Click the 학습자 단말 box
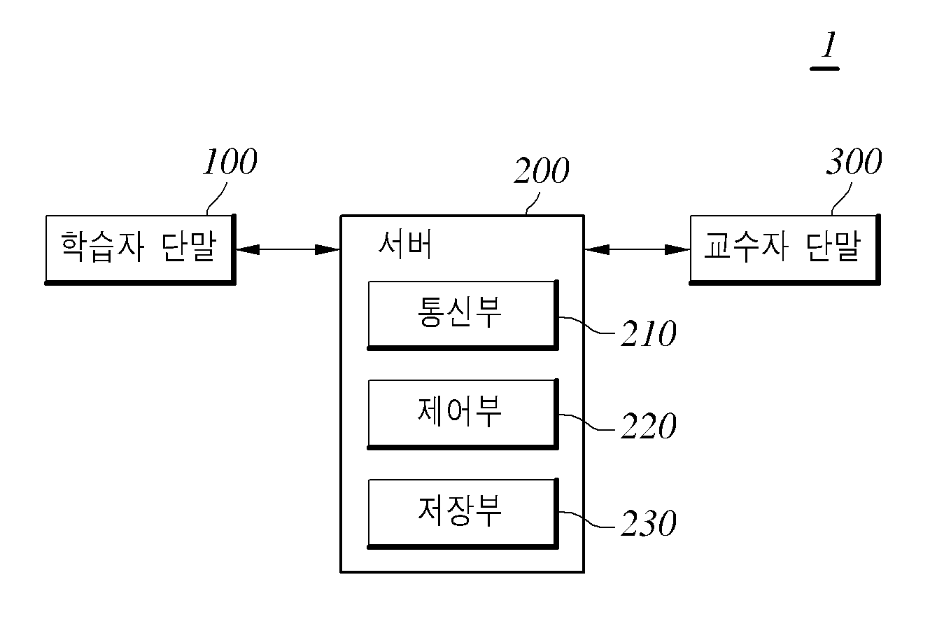140,249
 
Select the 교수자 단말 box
784,249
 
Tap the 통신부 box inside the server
463,314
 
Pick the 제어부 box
463,414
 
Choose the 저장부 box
463,513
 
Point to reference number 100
230,161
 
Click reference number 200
542,170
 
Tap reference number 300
854,161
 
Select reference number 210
649,333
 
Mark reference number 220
649,426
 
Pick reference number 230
649,524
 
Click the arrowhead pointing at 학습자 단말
248,250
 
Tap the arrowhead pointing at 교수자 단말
677,250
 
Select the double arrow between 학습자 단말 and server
288,250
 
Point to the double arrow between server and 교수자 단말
637,250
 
